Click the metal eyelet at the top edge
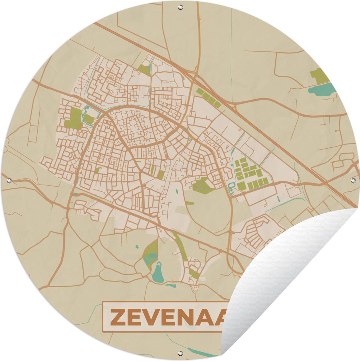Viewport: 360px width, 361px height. pos(180,6)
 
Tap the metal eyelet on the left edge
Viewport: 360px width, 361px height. pos(9,181)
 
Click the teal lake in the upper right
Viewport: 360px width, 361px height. pos(321,89)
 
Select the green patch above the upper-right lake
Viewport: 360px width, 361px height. pos(319,75)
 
